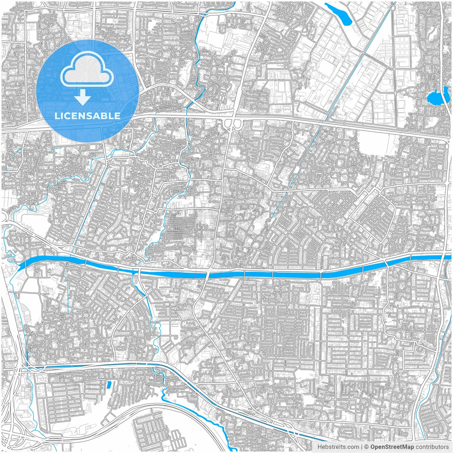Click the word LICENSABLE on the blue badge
click(x=87, y=116)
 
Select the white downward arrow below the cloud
click(x=83, y=97)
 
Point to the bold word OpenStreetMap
click(x=392, y=447)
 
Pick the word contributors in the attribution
click(x=432, y=447)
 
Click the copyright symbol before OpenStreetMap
click(x=367, y=447)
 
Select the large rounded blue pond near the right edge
click(x=434, y=98)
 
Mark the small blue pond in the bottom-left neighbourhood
click(x=109, y=384)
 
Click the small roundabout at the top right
click(x=393, y=7)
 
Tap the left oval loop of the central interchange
click(x=228, y=124)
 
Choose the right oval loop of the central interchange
click(x=237, y=124)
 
